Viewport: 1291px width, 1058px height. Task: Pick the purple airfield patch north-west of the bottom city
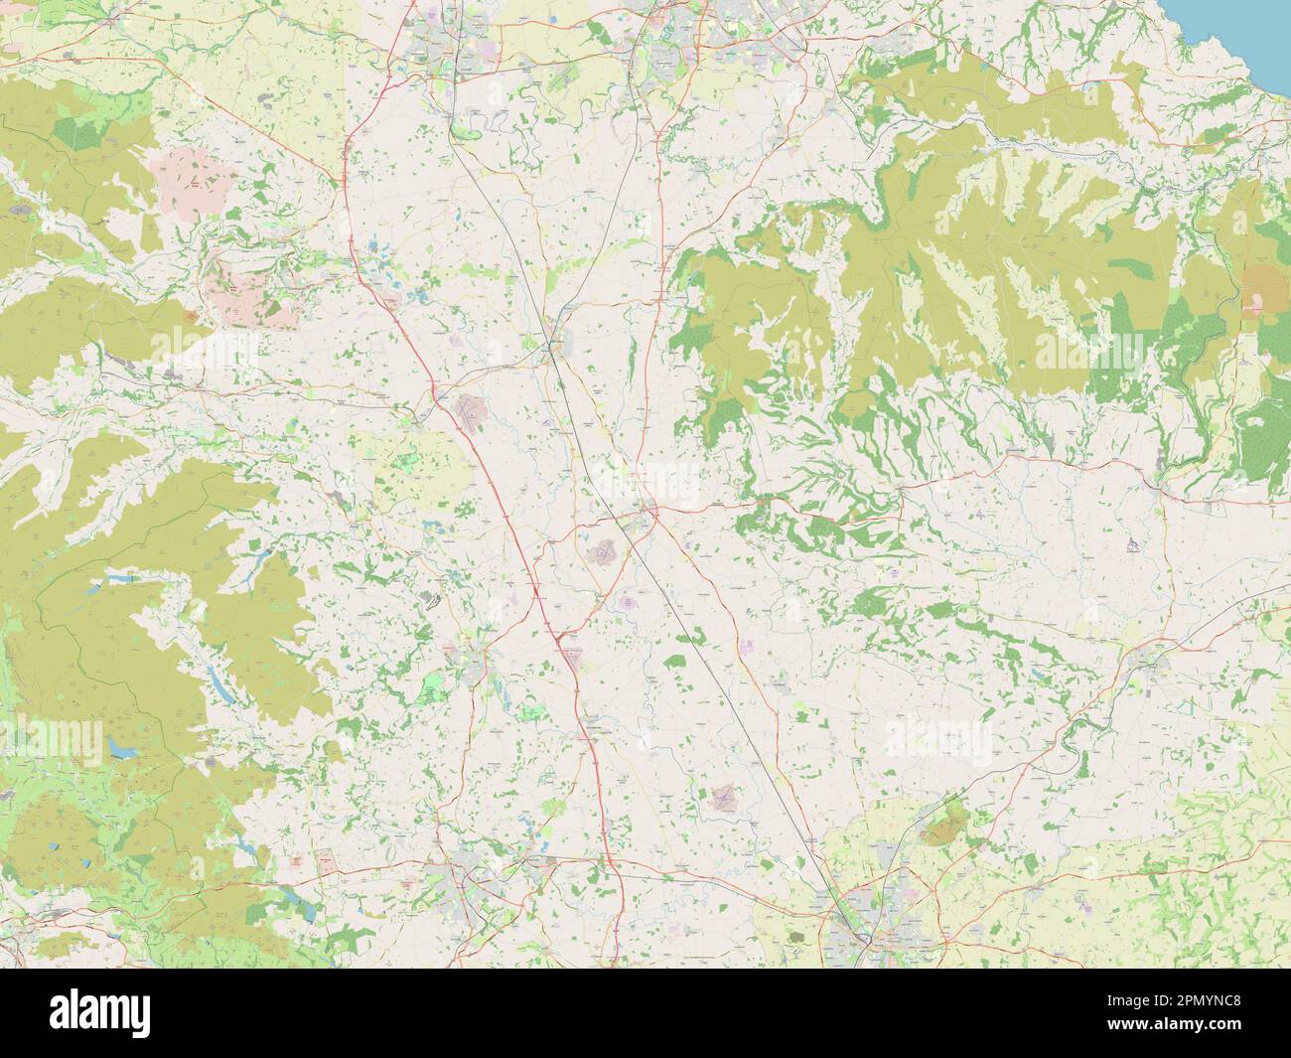point(724,796)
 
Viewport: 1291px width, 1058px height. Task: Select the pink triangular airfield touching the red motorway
point(572,651)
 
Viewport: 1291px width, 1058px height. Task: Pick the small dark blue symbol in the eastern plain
point(1131,544)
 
